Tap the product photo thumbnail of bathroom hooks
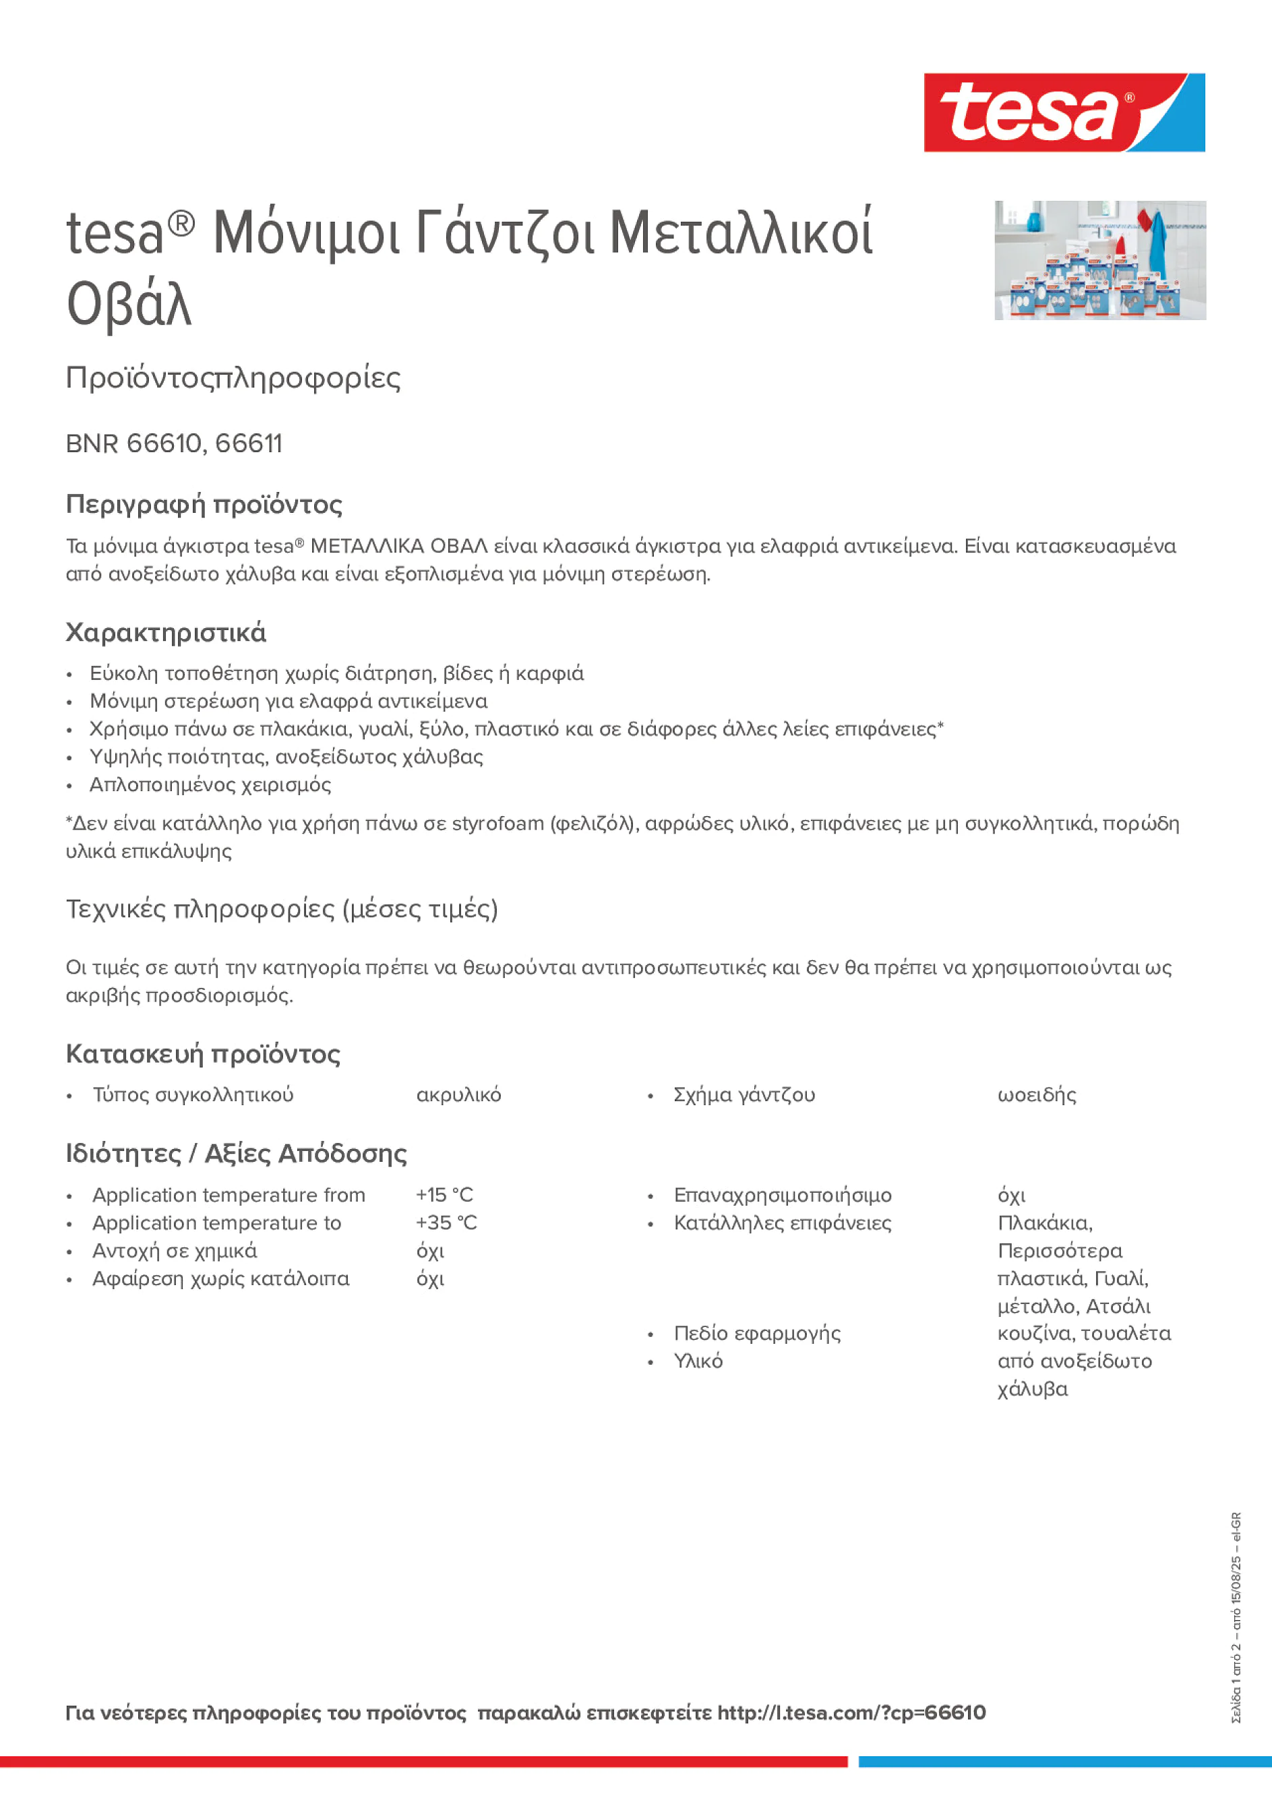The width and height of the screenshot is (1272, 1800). [x=1099, y=260]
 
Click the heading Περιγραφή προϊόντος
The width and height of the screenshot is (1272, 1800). [x=204, y=504]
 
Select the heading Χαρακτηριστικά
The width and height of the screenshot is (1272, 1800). [x=165, y=633]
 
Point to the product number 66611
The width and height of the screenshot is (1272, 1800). [x=249, y=443]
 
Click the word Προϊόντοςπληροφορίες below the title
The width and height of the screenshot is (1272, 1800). [x=233, y=378]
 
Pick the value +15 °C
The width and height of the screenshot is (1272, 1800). [x=445, y=1195]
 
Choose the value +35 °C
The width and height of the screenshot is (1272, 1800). [x=446, y=1223]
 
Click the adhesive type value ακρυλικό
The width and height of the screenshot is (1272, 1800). [x=459, y=1095]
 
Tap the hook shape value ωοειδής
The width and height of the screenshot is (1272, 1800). [x=1037, y=1095]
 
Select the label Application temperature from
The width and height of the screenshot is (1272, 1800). [x=229, y=1195]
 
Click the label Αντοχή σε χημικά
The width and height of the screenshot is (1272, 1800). [x=175, y=1251]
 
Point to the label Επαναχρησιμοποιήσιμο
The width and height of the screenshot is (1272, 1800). [x=783, y=1196]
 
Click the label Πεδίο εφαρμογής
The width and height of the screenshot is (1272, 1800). [x=757, y=1334]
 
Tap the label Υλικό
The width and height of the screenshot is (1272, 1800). [x=698, y=1362]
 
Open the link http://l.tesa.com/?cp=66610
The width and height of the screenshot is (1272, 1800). [x=851, y=1713]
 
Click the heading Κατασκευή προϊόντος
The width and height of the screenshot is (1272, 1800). [x=203, y=1055]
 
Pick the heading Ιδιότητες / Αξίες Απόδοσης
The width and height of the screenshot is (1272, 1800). [x=236, y=1154]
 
